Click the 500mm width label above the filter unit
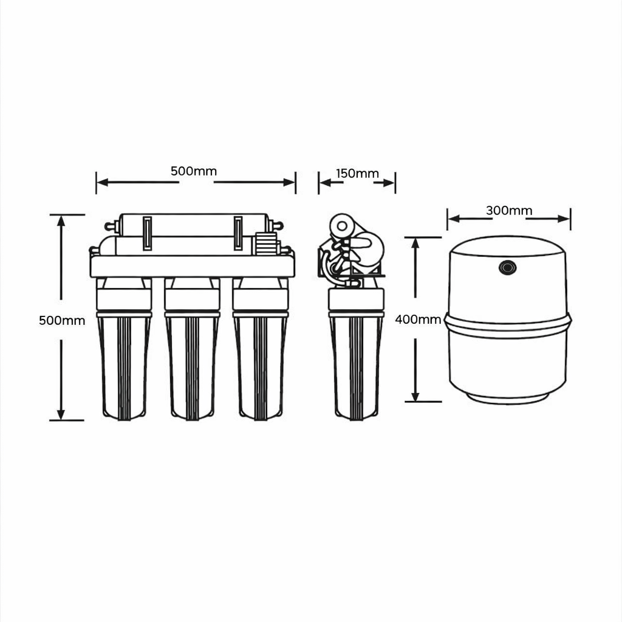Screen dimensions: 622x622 (194, 171)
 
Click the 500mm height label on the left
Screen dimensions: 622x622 (62, 320)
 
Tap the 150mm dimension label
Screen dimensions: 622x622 (357, 173)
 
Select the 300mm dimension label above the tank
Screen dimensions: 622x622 (509, 210)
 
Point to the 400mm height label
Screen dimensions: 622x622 (418, 320)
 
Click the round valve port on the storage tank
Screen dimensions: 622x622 (507, 268)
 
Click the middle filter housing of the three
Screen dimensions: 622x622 (193, 349)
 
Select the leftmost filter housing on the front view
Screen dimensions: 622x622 (124, 349)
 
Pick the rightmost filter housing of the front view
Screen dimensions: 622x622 (261, 349)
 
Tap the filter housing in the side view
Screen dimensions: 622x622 (356, 353)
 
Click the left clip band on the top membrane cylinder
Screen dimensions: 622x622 (147, 233)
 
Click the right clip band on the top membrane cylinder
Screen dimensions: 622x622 (238, 233)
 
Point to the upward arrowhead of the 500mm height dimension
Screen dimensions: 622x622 (61, 220)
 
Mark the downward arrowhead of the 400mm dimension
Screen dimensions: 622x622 (415, 396)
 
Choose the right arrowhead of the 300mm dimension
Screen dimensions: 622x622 (564, 219)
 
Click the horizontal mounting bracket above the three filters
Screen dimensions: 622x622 (193, 266)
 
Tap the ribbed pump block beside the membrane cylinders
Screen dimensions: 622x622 (266, 244)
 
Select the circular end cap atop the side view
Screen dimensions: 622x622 (342, 227)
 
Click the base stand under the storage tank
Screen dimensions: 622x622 (507, 398)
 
